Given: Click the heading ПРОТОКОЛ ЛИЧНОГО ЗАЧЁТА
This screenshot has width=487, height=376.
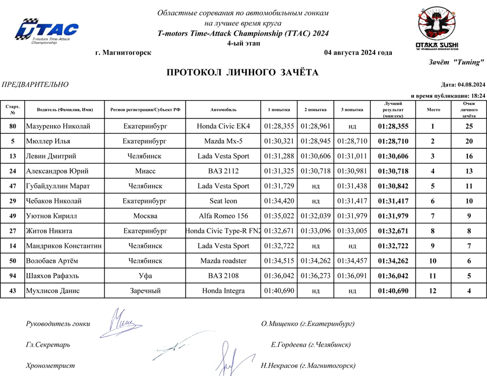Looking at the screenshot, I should pyautogui.click(x=242, y=72).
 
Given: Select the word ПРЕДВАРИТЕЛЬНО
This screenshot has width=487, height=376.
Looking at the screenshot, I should pyautogui.click(x=36, y=84).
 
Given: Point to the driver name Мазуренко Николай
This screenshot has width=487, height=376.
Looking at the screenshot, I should pyautogui.click(x=58, y=127).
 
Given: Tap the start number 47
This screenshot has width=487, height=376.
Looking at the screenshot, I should pyautogui.click(x=12, y=186).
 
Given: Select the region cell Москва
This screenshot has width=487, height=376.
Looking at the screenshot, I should pyautogui.click(x=145, y=216).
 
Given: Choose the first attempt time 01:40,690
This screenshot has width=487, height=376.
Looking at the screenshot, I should pyautogui.click(x=279, y=291).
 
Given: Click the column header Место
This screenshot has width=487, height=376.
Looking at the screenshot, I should pyautogui.click(x=433, y=109).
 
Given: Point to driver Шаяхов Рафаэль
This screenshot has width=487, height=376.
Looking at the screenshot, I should pyautogui.click(x=53, y=275).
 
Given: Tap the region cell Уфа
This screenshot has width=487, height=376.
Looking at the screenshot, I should pyautogui.click(x=145, y=275).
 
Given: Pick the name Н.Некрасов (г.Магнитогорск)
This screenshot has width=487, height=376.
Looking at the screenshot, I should pyautogui.click(x=308, y=365).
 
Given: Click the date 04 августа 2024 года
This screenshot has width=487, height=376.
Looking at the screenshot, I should pyautogui.click(x=358, y=52).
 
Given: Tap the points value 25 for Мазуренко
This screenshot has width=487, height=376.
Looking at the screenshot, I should pyautogui.click(x=469, y=127).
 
